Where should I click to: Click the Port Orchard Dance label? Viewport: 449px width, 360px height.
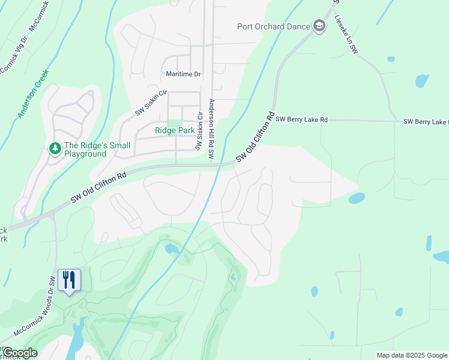point(273,26)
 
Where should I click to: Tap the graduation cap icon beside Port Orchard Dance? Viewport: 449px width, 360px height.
point(319,26)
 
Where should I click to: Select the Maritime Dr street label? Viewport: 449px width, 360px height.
point(183,74)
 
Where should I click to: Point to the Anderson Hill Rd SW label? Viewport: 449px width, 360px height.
point(211,129)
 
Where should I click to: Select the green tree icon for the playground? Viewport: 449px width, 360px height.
point(55,148)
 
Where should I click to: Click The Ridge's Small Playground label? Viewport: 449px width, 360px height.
point(85,149)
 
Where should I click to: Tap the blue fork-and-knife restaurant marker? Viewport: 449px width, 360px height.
point(68,280)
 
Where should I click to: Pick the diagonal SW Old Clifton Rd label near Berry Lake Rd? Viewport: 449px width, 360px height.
point(255,137)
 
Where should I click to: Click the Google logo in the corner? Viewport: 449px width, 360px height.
point(19,353)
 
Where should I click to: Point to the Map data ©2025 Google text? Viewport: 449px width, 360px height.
point(412,355)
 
